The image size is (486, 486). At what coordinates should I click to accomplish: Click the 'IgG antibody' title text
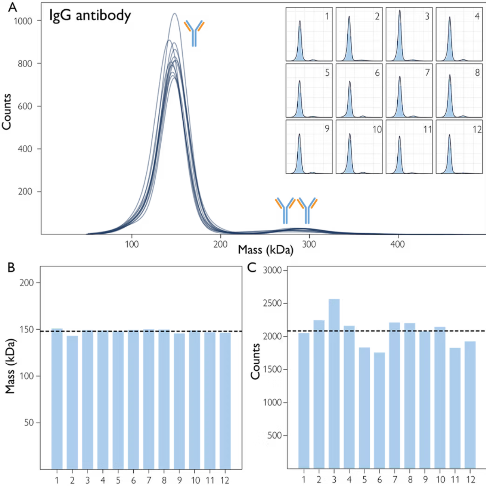click(x=90, y=16)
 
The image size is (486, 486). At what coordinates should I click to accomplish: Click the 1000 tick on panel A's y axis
click(x=23, y=21)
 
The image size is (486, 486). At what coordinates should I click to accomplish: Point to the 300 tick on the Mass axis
click(x=309, y=244)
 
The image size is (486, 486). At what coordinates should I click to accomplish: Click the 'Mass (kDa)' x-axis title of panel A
click(x=265, y=249)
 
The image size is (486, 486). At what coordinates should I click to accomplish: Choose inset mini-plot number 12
click(x=459, y=147)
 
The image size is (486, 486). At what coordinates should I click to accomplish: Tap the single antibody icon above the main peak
click(x=194, y=32)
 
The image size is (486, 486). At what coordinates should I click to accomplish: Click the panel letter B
click(x=11, y=268)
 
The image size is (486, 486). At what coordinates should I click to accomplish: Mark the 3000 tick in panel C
click(x=273, y=270)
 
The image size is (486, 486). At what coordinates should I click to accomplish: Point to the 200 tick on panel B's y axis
click(x=27, y=283)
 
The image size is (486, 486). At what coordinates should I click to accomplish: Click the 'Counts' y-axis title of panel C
click(x=255, y=361)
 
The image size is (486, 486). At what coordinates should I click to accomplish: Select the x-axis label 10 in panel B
click(x=196, y=480)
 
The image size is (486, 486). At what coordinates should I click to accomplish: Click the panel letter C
click(x=252, y=268)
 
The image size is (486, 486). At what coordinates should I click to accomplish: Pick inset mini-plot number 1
click(x=309, y=34)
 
